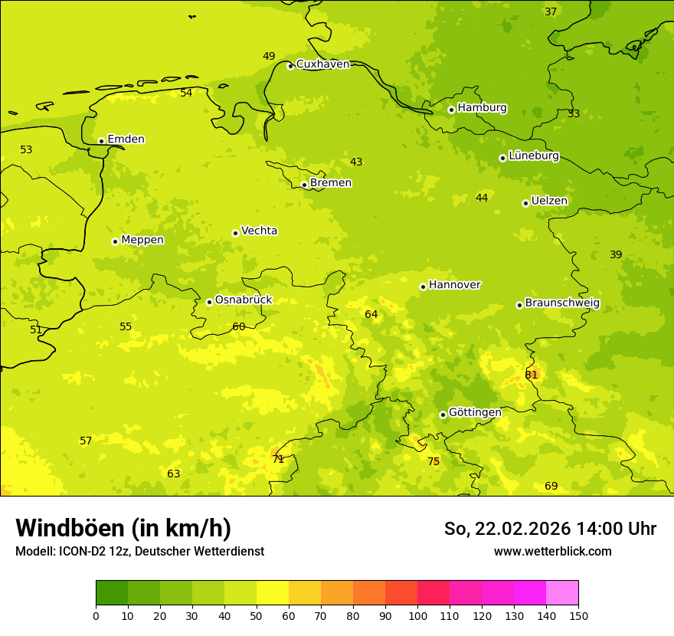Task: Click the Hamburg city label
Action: pyautogui.click(x=482, y=108)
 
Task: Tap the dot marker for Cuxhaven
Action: pyautogui.click(x=290, y=66)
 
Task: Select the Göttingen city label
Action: pyautogui.click(x=475, y=412)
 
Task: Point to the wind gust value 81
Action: pyautogui.click(x=532, y=375)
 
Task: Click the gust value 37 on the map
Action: pyautogui.click(x=551, y=11)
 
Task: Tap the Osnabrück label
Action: pyautogui.click(x=244, y=300)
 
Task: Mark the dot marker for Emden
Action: pyautogui.click(x=101, y=141)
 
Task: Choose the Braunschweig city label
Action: pyautogui.click(x=562, y=303)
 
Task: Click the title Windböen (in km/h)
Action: pyautogui.click(x=123, y=528)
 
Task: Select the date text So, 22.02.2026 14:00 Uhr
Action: pyautogui.click(x=550, y=529)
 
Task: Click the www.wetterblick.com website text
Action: pyautogui.click(x=552, y=552)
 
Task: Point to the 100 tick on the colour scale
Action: pyautogui.click(x=417, y=615)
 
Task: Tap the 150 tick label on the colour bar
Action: pyautogui.click(x=578, y=615)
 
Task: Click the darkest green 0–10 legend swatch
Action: pyautogui.click(x=112, y=593)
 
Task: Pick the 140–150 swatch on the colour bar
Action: pyautogui.click(x=562, y=593)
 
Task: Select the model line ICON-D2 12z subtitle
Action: pyautogui.click(x=139, y=552)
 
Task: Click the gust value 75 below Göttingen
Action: pyautogui.click(x=434, y=461)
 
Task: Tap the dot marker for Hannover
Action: pyautogui.click(x=423, y=287)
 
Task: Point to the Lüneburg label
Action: pyautogui.click(x=533, y=156)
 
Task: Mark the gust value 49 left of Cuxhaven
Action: pyautogui.click(x=269, y=56)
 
